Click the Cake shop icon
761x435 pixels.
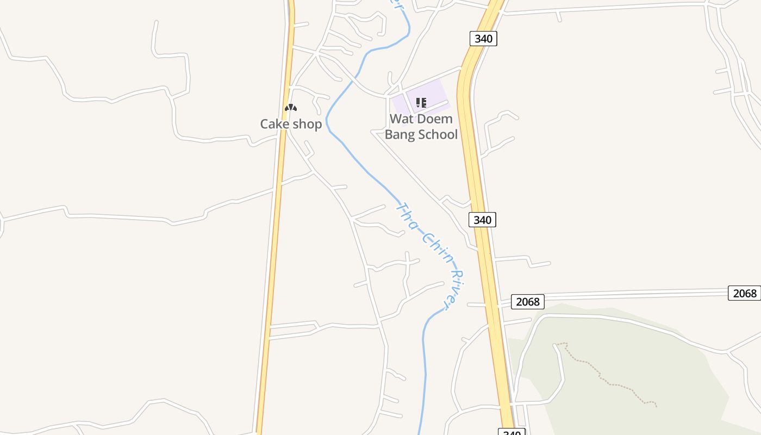(291, 108)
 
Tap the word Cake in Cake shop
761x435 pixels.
(275, 124)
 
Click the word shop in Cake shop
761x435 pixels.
(307, 125)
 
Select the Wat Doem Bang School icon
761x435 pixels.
(421, 102)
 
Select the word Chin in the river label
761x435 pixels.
(436, 247)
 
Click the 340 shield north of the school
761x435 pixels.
(483, 39)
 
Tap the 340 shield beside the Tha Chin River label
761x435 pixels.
(482, 220)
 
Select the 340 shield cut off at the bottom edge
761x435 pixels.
(512, 432)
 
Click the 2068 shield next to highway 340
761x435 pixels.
(527, 301)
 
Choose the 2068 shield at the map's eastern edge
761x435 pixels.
(744, 293)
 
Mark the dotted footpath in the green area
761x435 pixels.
(609, 381)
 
